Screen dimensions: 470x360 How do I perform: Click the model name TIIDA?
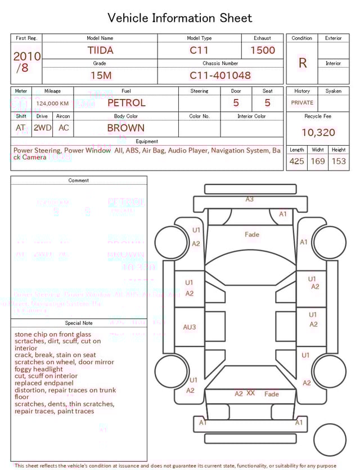pyautogui.click(x=100, y=50)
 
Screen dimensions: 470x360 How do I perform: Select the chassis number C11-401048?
pyautogui.click(x=220, y=75)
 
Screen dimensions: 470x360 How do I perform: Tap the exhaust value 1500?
pyautogui.click(x=263, y=50)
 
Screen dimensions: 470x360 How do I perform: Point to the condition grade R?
pyautogui.click(x=303, y=63)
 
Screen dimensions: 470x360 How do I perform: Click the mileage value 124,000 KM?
pyautogui.click(x=52, y=104)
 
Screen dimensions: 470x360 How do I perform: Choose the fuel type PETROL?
pyautogui.click(x=126, y=102)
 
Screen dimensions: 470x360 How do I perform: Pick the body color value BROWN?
pyautogui.click(x=126, y=128)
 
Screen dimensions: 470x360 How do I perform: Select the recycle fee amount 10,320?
pyautogui.click(x=318, y=133)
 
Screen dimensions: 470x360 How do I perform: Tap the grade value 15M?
pyautogui.click(x=101, y=75)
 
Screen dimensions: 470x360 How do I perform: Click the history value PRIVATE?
pyautogui.click(x=302, y=102)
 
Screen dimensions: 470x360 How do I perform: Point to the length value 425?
pyautogui.click(x=296, y=161)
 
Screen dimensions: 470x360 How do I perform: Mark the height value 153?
pyautogui.click(x=339, y=161)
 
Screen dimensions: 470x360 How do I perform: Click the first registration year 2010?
pyautogui.click(x=26, y=56)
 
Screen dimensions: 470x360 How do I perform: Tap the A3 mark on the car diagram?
pyautogui.click(x=249, y=199)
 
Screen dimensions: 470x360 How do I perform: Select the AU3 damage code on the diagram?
pyautogui.click(x=189, y=327)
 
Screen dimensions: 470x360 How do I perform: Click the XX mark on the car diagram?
pyautogui.click(x=250, y=393)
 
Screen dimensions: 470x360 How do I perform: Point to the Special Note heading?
pyautogui.click(x=79, y=323)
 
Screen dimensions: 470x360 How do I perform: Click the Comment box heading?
pyautogui.click(x=79, y=181)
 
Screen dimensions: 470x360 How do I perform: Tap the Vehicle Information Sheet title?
pyautogui.click(x=180, y=18)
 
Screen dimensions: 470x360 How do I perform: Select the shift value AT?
pyautogui.click(x=21, y=128)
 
